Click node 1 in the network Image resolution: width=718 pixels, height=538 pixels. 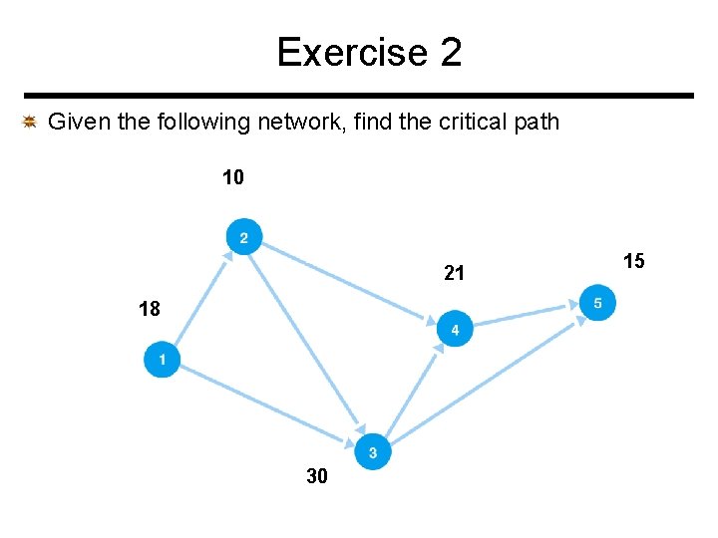162,359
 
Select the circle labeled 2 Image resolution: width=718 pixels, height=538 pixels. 243,237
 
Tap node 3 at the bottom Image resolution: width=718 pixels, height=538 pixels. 372,452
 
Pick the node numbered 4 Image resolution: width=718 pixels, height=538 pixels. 455,329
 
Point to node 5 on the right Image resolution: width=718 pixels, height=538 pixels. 597,303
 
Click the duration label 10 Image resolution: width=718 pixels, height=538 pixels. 232,178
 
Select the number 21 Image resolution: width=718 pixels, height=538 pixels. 454,273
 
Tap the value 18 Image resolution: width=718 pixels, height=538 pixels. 149,309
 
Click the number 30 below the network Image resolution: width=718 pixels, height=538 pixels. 316,477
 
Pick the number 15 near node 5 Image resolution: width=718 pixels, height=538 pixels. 633,261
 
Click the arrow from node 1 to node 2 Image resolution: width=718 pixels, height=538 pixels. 201,299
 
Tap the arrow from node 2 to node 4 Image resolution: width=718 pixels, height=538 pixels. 349,283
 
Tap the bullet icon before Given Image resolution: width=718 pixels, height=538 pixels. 30,123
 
